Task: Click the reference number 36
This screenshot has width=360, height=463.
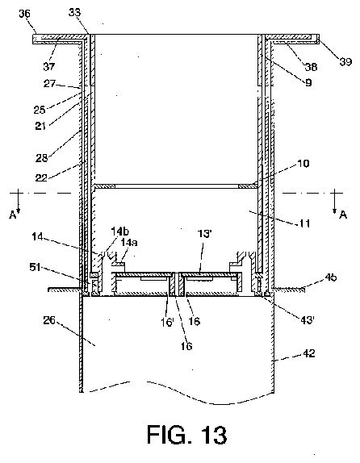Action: tap(24, 14)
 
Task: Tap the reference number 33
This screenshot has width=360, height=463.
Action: tap(74, 12)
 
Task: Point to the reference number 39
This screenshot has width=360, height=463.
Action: tap(345, 62)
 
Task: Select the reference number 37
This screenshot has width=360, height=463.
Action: tap(49, 66)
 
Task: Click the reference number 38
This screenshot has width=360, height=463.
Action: tap(311, 67)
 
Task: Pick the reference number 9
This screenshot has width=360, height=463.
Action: tap(308, 82)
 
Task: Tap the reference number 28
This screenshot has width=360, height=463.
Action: tap(42, 158)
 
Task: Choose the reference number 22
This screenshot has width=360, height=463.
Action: tap(41, 177)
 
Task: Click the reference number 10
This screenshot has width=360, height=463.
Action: tap(303, 164)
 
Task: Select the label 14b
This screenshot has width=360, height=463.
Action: tap(120, 231)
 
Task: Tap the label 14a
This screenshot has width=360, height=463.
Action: tap(128, 243)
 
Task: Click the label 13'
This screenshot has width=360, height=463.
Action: tap(204, 234)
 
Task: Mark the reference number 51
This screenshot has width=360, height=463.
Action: tap(35, 267)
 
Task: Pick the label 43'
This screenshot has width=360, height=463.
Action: tap(307, 319)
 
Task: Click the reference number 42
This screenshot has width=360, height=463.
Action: tap(309, 353)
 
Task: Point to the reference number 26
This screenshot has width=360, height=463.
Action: tap(49, 320)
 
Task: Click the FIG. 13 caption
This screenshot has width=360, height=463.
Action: tap(187, 434)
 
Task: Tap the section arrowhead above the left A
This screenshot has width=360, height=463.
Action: tap(18, 210)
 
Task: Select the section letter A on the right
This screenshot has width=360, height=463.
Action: tap(343, 215)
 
